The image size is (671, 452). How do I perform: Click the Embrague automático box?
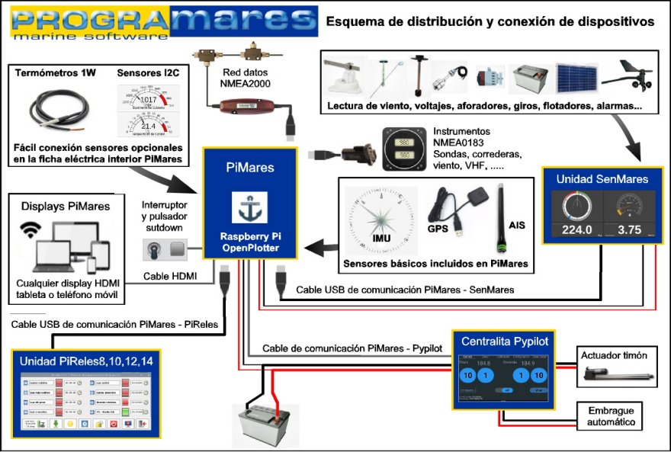click(x=611, y=416)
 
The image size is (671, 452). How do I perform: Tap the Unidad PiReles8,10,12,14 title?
click(x=86, y=361)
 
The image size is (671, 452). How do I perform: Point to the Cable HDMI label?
click(x=169, y=277)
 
